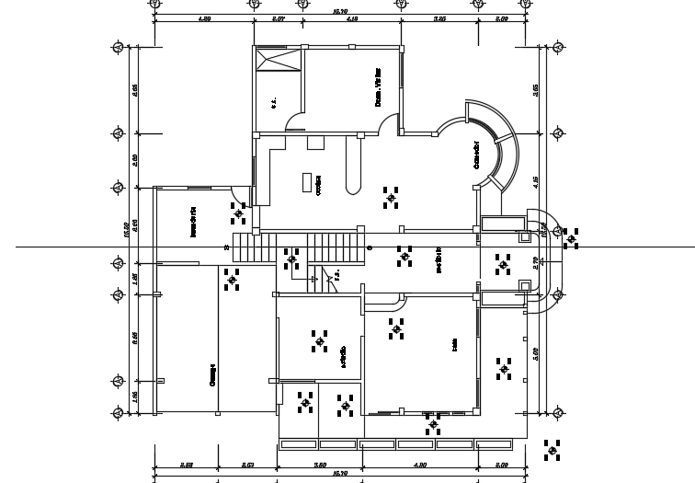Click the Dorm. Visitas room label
(377, 94)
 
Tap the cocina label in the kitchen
(319, 188)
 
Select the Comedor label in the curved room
(475, 155)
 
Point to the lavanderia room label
(193, 222)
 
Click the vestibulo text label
(439, 259)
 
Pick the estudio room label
(343, 358)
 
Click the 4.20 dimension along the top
(205, 18)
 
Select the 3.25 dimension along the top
(439, 18)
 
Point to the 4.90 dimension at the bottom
(419, 465)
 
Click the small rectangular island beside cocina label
(307, 182)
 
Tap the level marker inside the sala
(396, 328)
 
